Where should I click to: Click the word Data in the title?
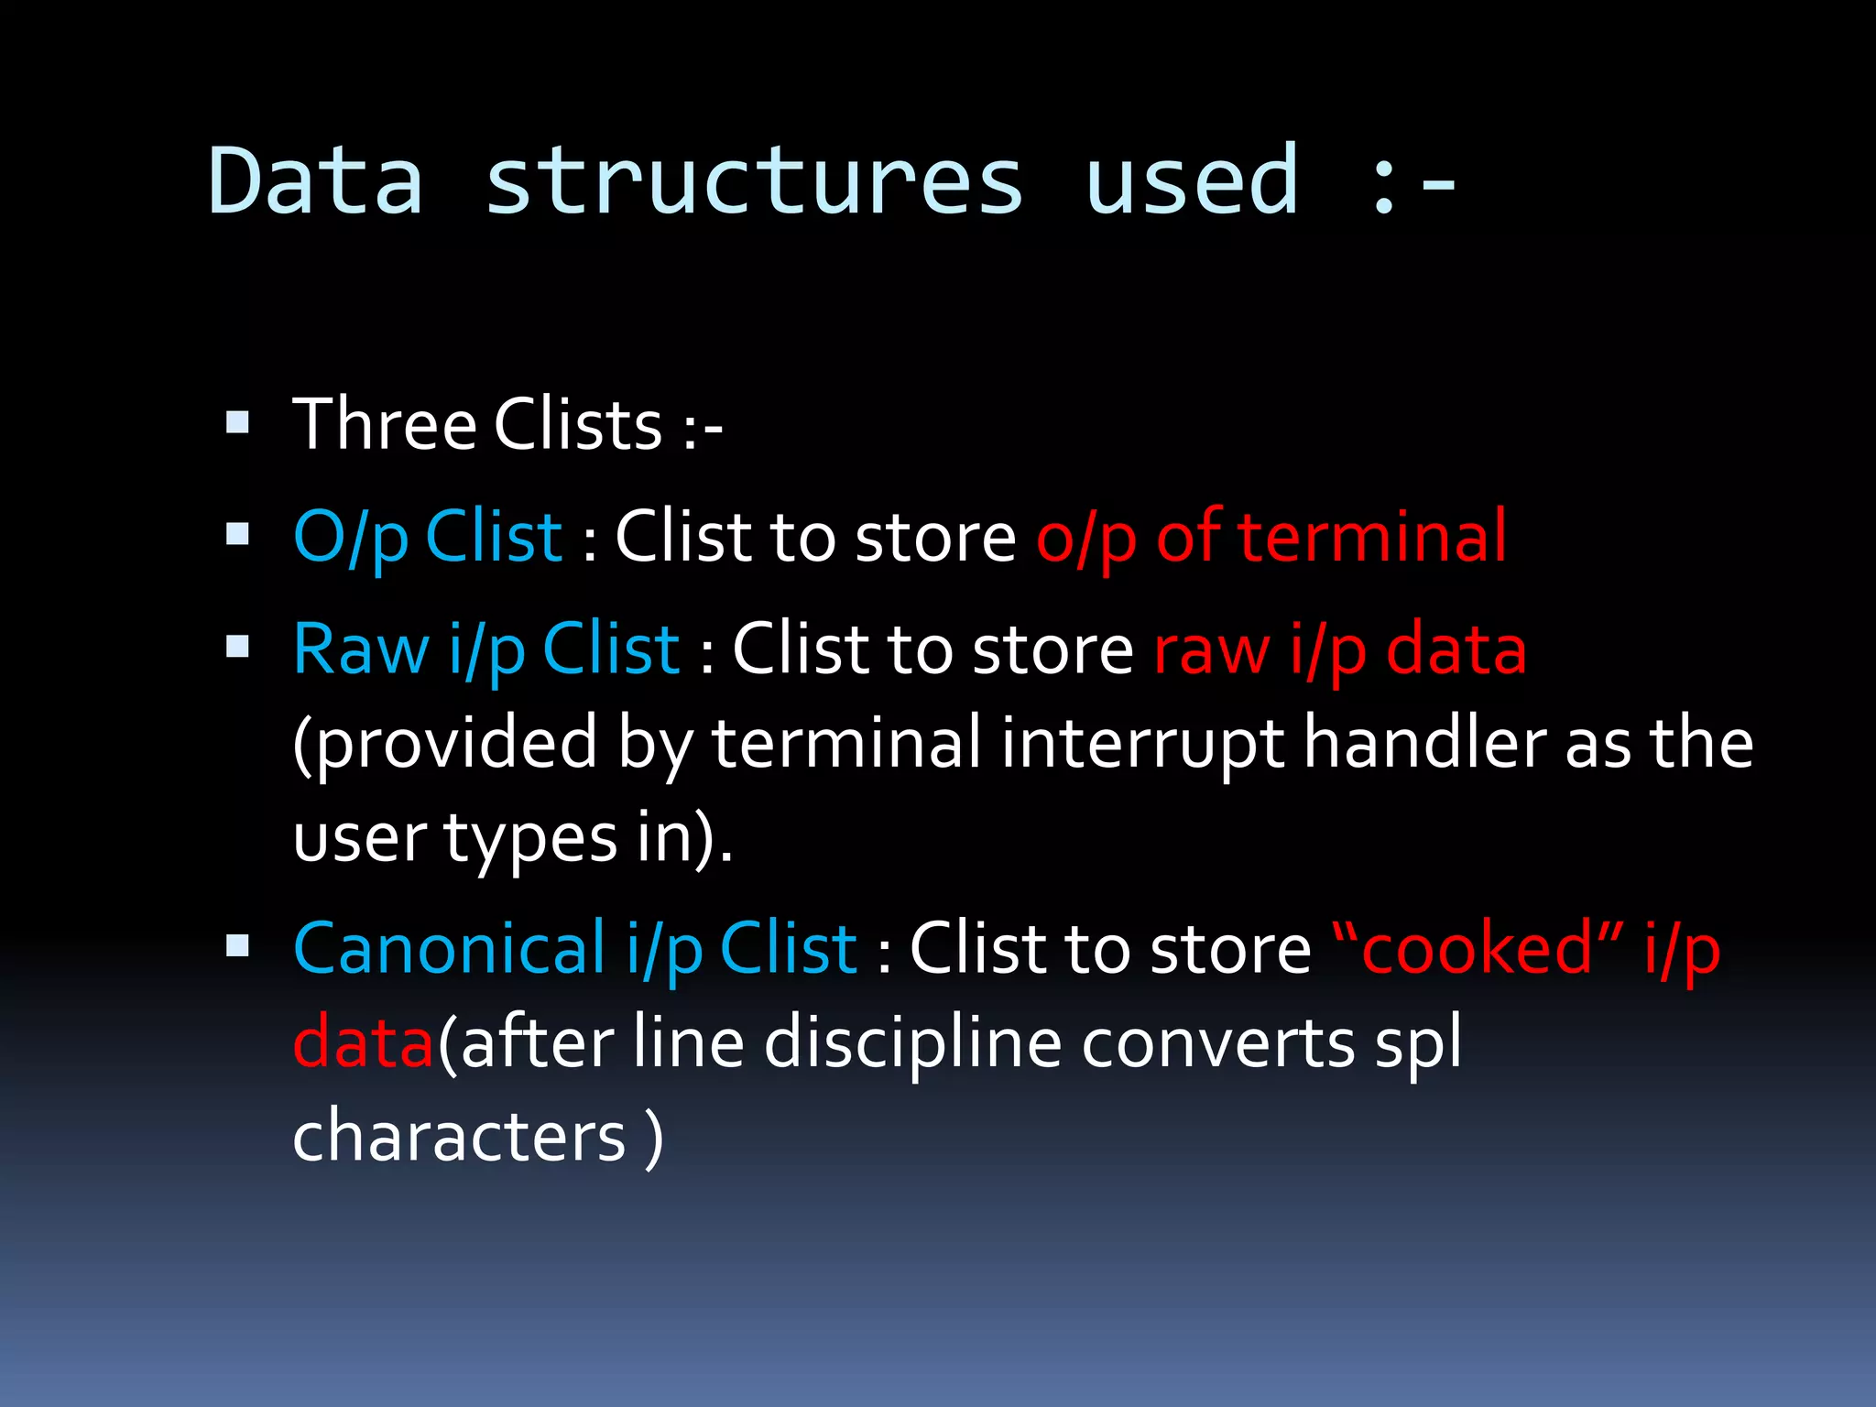(x=316, y=181)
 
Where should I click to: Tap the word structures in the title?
(x=753, y=181)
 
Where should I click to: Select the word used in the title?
(x=1191, y=181)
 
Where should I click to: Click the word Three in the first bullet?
(x=385, y=425)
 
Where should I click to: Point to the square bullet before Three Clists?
(x=237, y=422)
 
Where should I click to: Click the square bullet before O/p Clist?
(x=237, y=534)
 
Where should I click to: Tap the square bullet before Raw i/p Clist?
(x=237, y=648)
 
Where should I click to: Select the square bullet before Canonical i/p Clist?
(x=237, y=946)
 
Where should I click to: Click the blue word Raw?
(x=361, y=649)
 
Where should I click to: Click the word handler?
(x=1423, y=743)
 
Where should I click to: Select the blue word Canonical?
(x=449, y=948)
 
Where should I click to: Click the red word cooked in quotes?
(x=1478, y=948)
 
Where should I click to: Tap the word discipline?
(x=912, y=1043)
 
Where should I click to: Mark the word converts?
(x=1217, y=1043)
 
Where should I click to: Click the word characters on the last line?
(x=459, y=1137)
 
